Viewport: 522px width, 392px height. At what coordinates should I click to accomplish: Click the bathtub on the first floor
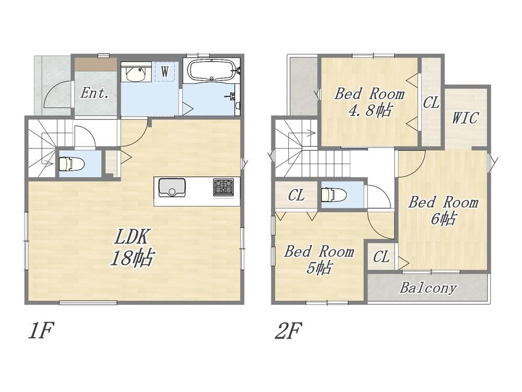tap(211, 70)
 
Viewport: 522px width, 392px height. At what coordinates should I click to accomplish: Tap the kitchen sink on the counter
tap(172, 188)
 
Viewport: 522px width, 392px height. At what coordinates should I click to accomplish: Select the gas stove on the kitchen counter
tap(223, 187)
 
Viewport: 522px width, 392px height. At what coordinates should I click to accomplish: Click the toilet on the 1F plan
tap(68, 164)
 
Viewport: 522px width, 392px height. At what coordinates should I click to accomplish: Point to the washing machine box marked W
tap(165, 71)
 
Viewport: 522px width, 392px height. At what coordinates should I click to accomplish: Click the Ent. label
tap(95, 93)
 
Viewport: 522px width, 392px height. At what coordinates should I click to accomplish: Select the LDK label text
tap(131, 236)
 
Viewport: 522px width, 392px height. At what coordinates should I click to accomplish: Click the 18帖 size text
tap(133, 258)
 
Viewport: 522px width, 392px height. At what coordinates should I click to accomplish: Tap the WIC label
tap(466, 118)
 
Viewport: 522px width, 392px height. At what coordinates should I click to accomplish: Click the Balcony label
tap(428, 287)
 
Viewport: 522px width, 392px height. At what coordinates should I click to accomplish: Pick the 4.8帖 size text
tap(370, 110)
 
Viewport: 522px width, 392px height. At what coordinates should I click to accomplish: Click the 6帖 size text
tap(443, 218)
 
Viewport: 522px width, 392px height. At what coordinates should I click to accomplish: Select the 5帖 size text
tap(318, 267)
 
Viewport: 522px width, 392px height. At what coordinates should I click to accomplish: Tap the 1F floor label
tap(41, 331)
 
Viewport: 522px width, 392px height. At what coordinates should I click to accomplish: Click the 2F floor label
tap(288, 331)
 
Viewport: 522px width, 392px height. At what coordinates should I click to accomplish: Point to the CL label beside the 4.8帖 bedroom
tap(431, 102)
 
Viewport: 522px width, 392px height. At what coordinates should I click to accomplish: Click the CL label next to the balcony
tap(381, 257)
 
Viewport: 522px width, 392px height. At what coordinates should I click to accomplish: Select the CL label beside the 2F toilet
tap(296, 195)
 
